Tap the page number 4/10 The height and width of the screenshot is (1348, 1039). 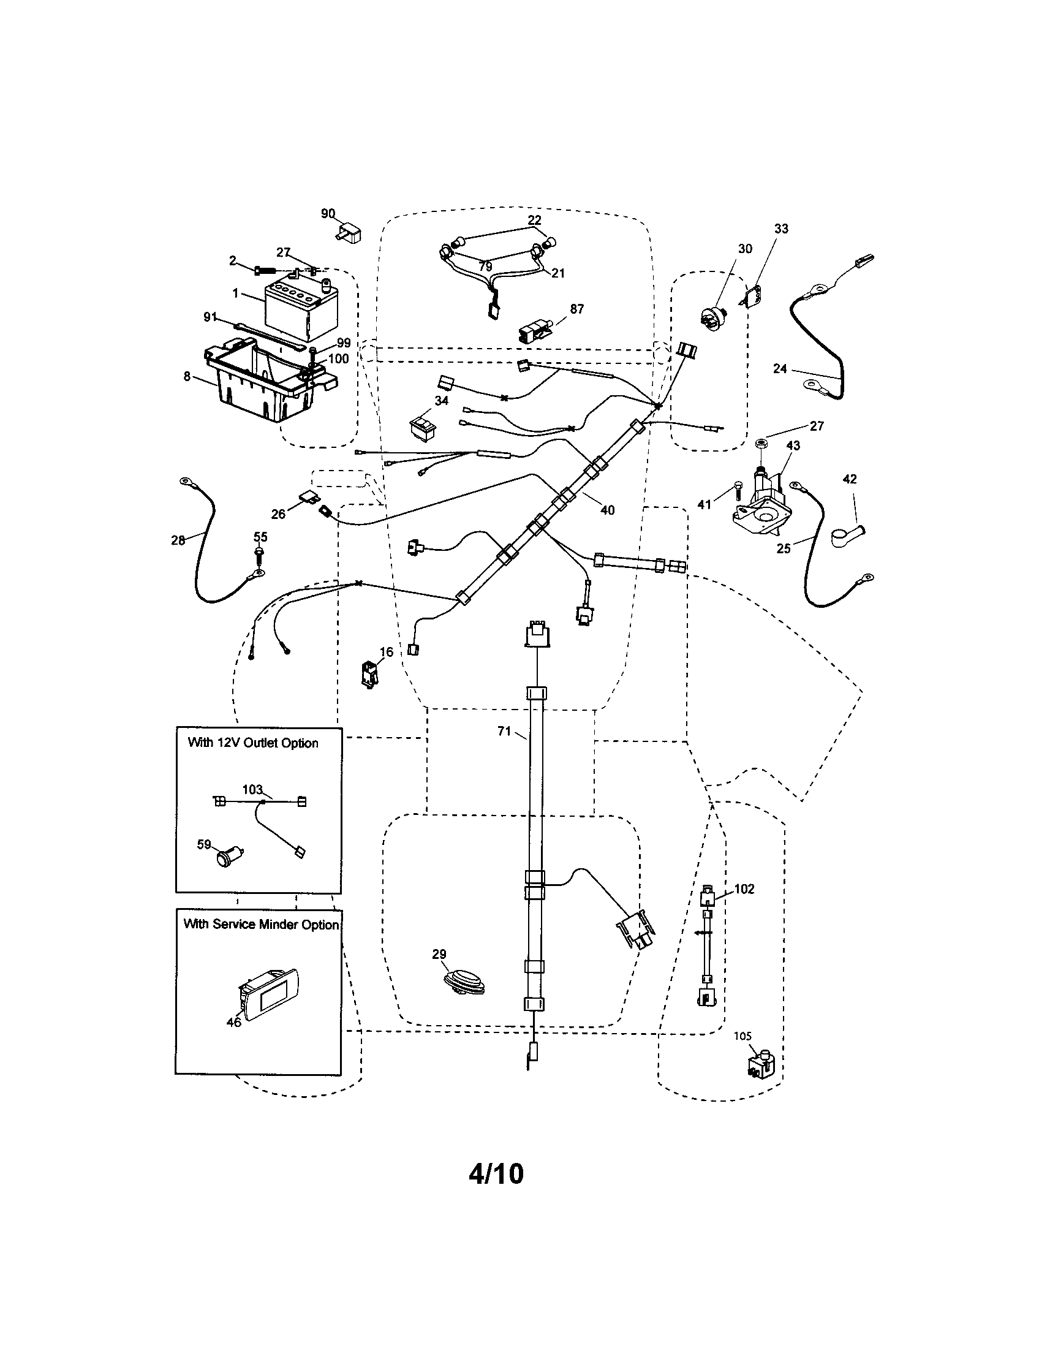[x=496, y=1173]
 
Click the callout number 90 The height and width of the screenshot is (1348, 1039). [x=328, y=214]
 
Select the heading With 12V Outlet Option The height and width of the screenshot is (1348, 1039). [x=253, y=743]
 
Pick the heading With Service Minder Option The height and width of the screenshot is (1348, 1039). [x=261, y=925]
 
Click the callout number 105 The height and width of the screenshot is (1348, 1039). [x=743, y=1036]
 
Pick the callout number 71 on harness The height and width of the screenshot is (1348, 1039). [x=504, y=731]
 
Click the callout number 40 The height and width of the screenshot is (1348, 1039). [x=607, y=510]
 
